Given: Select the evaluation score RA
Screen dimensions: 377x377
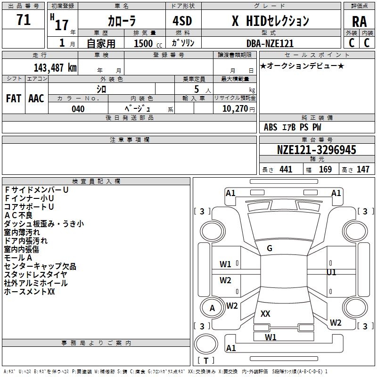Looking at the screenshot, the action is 359,22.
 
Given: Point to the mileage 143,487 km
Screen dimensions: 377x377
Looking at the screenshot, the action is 55,67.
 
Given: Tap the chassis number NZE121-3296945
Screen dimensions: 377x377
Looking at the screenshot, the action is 316,150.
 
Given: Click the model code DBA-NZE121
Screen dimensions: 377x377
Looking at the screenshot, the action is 270,43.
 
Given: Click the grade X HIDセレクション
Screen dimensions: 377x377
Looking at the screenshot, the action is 270,21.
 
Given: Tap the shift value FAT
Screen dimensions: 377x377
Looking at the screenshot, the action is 13,98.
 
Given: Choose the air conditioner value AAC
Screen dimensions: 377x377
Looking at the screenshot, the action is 36,98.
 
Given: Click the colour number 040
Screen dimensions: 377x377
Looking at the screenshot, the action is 78,109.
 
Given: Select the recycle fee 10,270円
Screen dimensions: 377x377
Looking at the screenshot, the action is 235,109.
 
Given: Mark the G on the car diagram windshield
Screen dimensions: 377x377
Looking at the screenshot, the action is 270,248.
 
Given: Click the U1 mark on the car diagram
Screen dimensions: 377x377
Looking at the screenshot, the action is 332,272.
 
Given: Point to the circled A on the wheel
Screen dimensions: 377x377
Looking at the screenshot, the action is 212,308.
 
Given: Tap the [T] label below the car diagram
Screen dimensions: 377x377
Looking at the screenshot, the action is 206,361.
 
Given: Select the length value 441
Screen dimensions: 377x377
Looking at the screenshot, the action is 286,169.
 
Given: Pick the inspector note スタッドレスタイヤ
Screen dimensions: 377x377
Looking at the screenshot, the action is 35,275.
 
